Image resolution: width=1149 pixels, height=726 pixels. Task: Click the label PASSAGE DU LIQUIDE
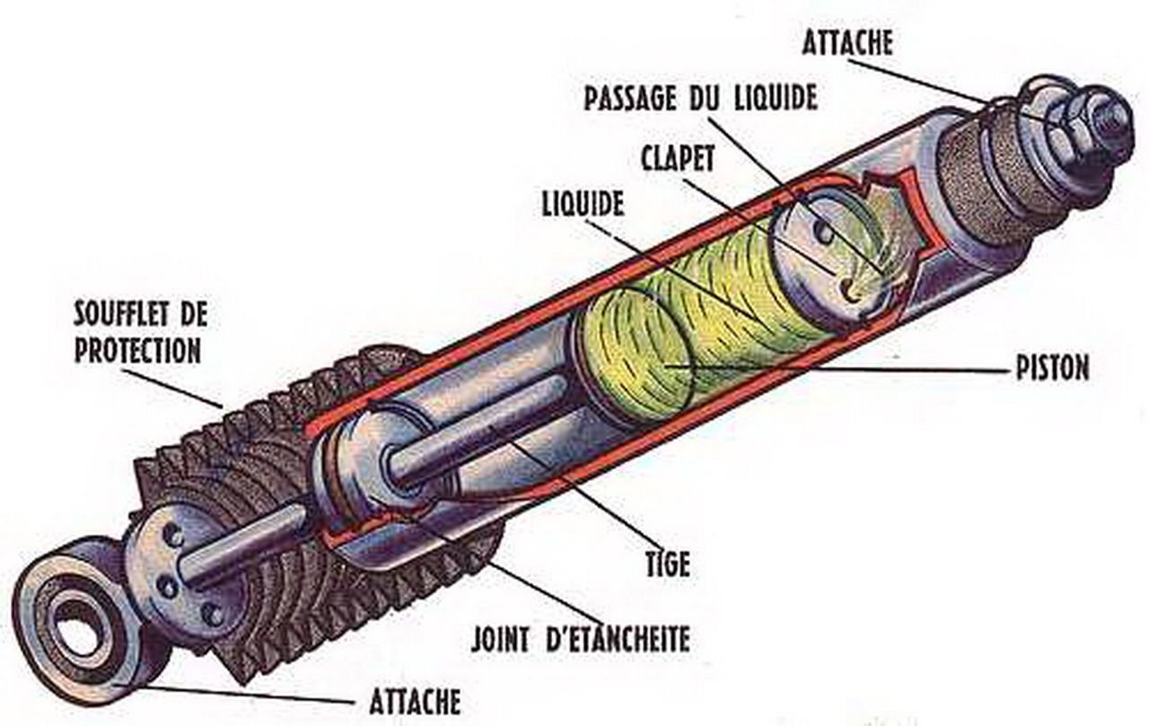click(x=700, y=98)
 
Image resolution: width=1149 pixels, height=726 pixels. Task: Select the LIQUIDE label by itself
click(x=583, y=204)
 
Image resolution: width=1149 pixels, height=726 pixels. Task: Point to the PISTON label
click(x=1052, y=368)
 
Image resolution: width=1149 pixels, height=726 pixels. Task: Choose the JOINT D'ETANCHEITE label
click(x=581, y=639)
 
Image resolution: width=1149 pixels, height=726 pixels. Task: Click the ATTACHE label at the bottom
click(x=415, y=700)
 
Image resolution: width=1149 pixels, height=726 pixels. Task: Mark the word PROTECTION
click(x=137, y=351)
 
